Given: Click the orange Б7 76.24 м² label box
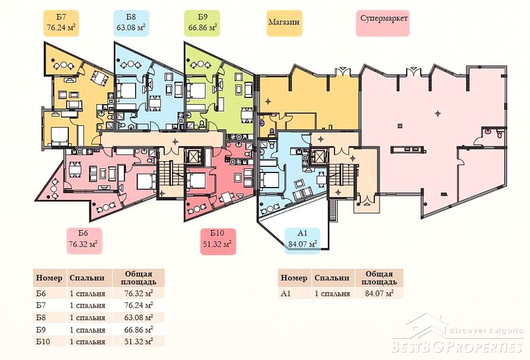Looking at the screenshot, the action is (x=61, y=23).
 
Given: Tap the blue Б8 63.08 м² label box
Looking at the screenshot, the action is (x=131, y=23).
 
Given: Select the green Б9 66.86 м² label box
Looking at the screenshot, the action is (x=202, y=23).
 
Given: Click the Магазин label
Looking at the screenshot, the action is (x=284, y=23).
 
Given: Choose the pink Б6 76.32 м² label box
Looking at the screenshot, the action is (x=84, y=241).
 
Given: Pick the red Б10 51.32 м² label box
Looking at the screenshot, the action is (x=218, y=241).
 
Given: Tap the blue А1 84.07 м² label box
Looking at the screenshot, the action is (x=302, y=241).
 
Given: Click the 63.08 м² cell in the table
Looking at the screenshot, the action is (x=138, y=318).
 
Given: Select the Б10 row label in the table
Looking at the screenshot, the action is (x=43, y=341).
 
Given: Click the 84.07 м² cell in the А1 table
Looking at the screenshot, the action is (x=379, y=293).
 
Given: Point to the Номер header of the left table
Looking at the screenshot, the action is (x=49, y=278).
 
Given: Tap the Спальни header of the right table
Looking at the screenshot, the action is (x=332, y=278).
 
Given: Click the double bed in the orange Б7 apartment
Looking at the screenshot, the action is (x=60, y=136).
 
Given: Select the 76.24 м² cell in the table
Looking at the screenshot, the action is (x=138, y=305).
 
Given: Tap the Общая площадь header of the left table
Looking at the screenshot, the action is (x=138, y=278).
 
